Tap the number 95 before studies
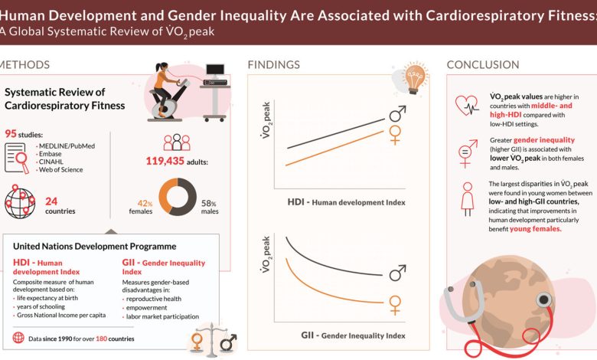click(x=11, y=134)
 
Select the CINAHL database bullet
click(x=51, y=162)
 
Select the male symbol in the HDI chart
click(x=397, y=115)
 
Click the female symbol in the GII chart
click(x=395, y=305)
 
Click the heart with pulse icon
click(x=466, y=105)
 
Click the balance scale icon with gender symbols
click(x=214, y=342)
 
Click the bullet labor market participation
click(x=161, y=316)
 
